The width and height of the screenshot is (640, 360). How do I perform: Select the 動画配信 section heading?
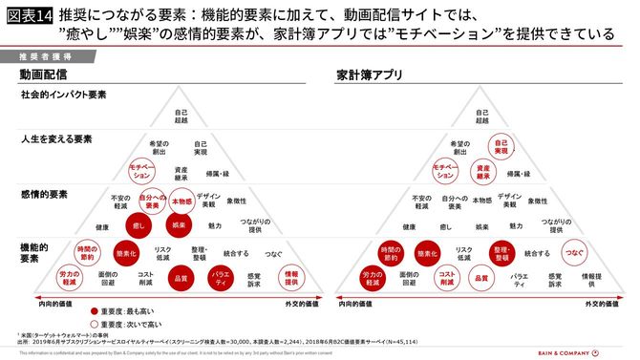point(43,74)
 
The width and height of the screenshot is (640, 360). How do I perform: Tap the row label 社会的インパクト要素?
point(64,96)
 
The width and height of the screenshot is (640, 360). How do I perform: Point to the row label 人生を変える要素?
point(56,139)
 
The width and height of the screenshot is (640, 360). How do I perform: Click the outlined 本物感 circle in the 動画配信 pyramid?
point(181,201)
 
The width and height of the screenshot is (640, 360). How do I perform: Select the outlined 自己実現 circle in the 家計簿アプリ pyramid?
point(500,148)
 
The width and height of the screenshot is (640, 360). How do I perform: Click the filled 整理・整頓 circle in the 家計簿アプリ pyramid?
point(501,254)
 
